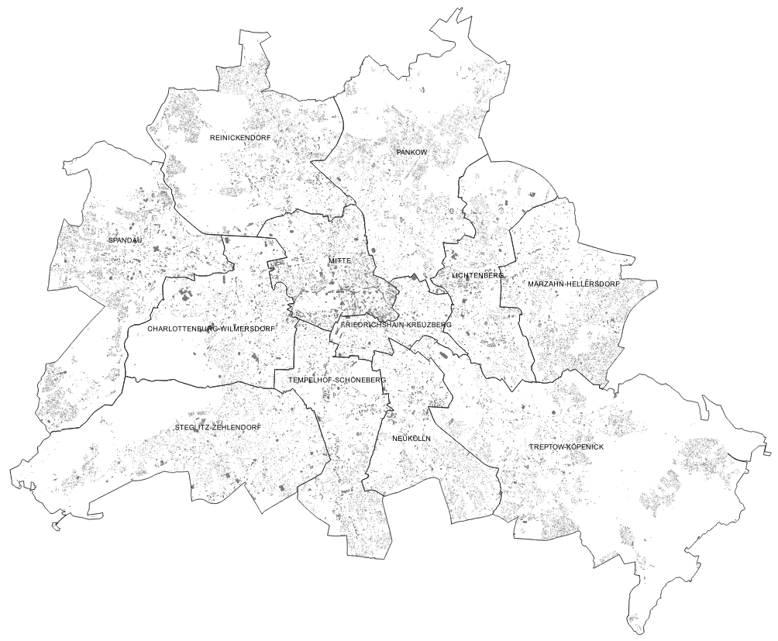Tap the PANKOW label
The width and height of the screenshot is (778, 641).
(411, 153)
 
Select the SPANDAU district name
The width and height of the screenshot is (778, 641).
(126, 240)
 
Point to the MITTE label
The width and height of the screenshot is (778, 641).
(339, 260)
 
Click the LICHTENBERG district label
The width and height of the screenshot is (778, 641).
(478, 275)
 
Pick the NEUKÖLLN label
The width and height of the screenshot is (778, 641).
(411, 439)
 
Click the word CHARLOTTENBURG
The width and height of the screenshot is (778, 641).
(182, 329)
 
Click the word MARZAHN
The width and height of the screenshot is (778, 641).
(548, 284)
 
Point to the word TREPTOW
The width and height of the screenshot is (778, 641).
(546, 447)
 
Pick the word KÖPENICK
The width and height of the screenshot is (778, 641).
(586, 447)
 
